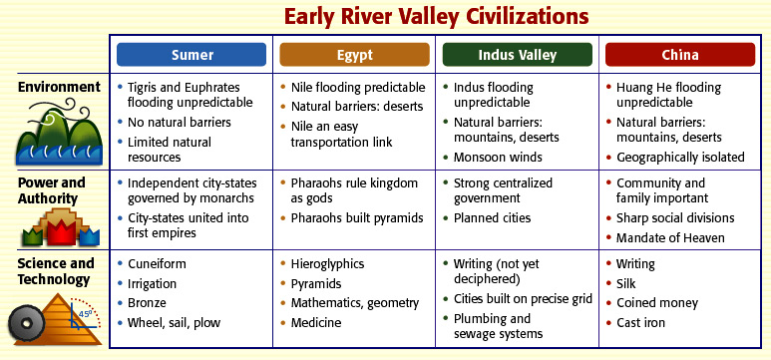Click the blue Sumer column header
[192, 55]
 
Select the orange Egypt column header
[354, 55]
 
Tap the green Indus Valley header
[518, 55]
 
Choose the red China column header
[680, 55]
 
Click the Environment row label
[59, 87]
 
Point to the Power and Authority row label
[51, 190]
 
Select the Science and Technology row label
[56, 271]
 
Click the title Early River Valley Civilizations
[436, 17]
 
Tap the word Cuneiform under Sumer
[157, 263]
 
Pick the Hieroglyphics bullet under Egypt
[327, 264]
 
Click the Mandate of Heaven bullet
[670, 238]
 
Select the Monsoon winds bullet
[498, 158]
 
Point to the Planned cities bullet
[492, 217]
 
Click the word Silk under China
[626, 284]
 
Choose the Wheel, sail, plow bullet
[174, 323]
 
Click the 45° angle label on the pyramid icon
[85, 312]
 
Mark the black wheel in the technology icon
[27, 324]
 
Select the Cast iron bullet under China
[640, 323]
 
